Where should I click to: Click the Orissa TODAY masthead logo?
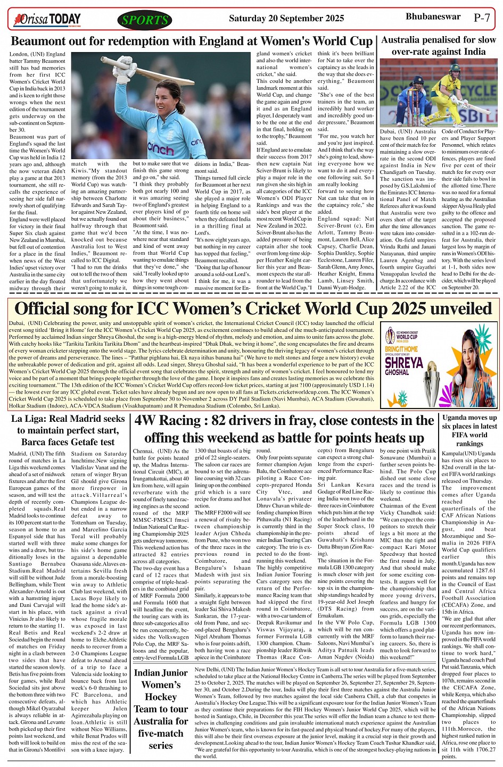pyautogui.click(x=47, y=20)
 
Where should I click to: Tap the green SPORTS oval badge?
pyautogui.click(x=144, y=20)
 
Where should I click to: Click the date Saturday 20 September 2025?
pyautogui.click(x=286, y=19)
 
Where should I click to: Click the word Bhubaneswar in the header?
pyautogui.click(x=433, y=17)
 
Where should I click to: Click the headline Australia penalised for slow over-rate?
pyautogui.click(x=438, y=46)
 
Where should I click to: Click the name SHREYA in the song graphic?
pyautogui.click(x=403, y=363)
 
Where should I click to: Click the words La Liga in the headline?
pyautogui.click(x=27, y=419)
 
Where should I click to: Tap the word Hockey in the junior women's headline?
pyautogui.click(x=161, y=697)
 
